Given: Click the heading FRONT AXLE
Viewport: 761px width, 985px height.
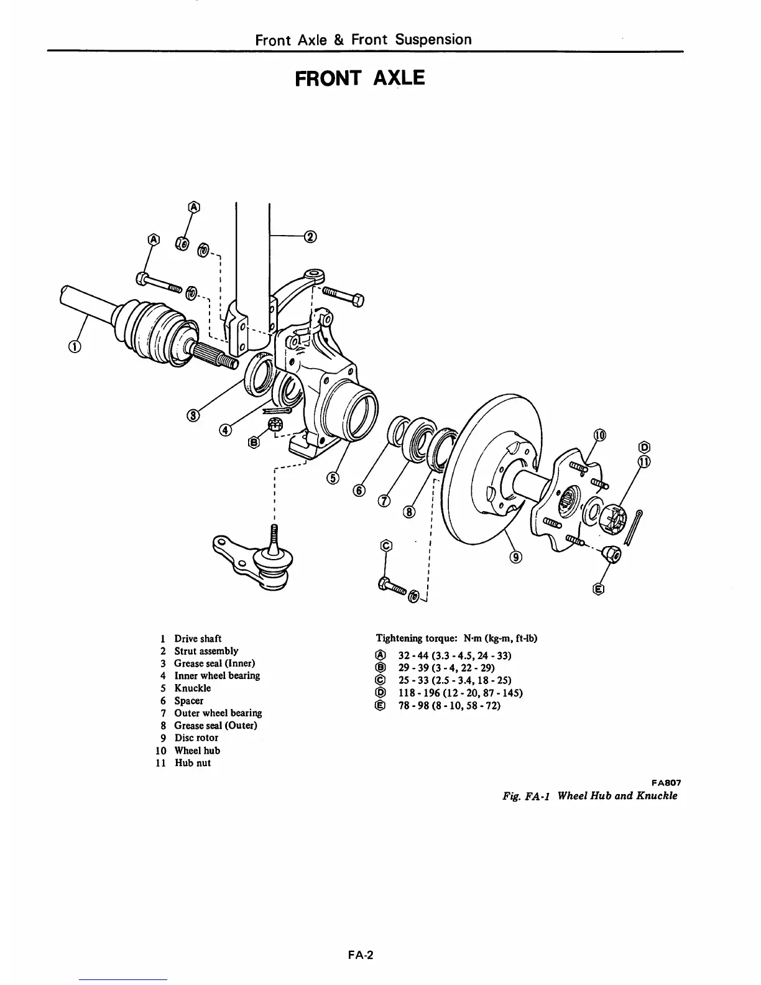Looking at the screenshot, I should point(360,78).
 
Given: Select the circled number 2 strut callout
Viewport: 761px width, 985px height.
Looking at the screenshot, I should point(310,236).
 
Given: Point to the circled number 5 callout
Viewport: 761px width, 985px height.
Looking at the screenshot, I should point(334,477).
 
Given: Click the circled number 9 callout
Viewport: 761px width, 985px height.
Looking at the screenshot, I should point(515,556).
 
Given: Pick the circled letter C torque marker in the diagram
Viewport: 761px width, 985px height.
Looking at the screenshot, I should point(386,545).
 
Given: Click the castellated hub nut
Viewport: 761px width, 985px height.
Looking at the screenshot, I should point(612,516).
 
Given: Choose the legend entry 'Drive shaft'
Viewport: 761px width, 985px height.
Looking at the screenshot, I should point(197,639).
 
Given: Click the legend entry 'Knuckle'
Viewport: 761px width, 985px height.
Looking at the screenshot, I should point(192,688).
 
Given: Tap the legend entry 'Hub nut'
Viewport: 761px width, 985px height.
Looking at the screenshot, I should point(192,763).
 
